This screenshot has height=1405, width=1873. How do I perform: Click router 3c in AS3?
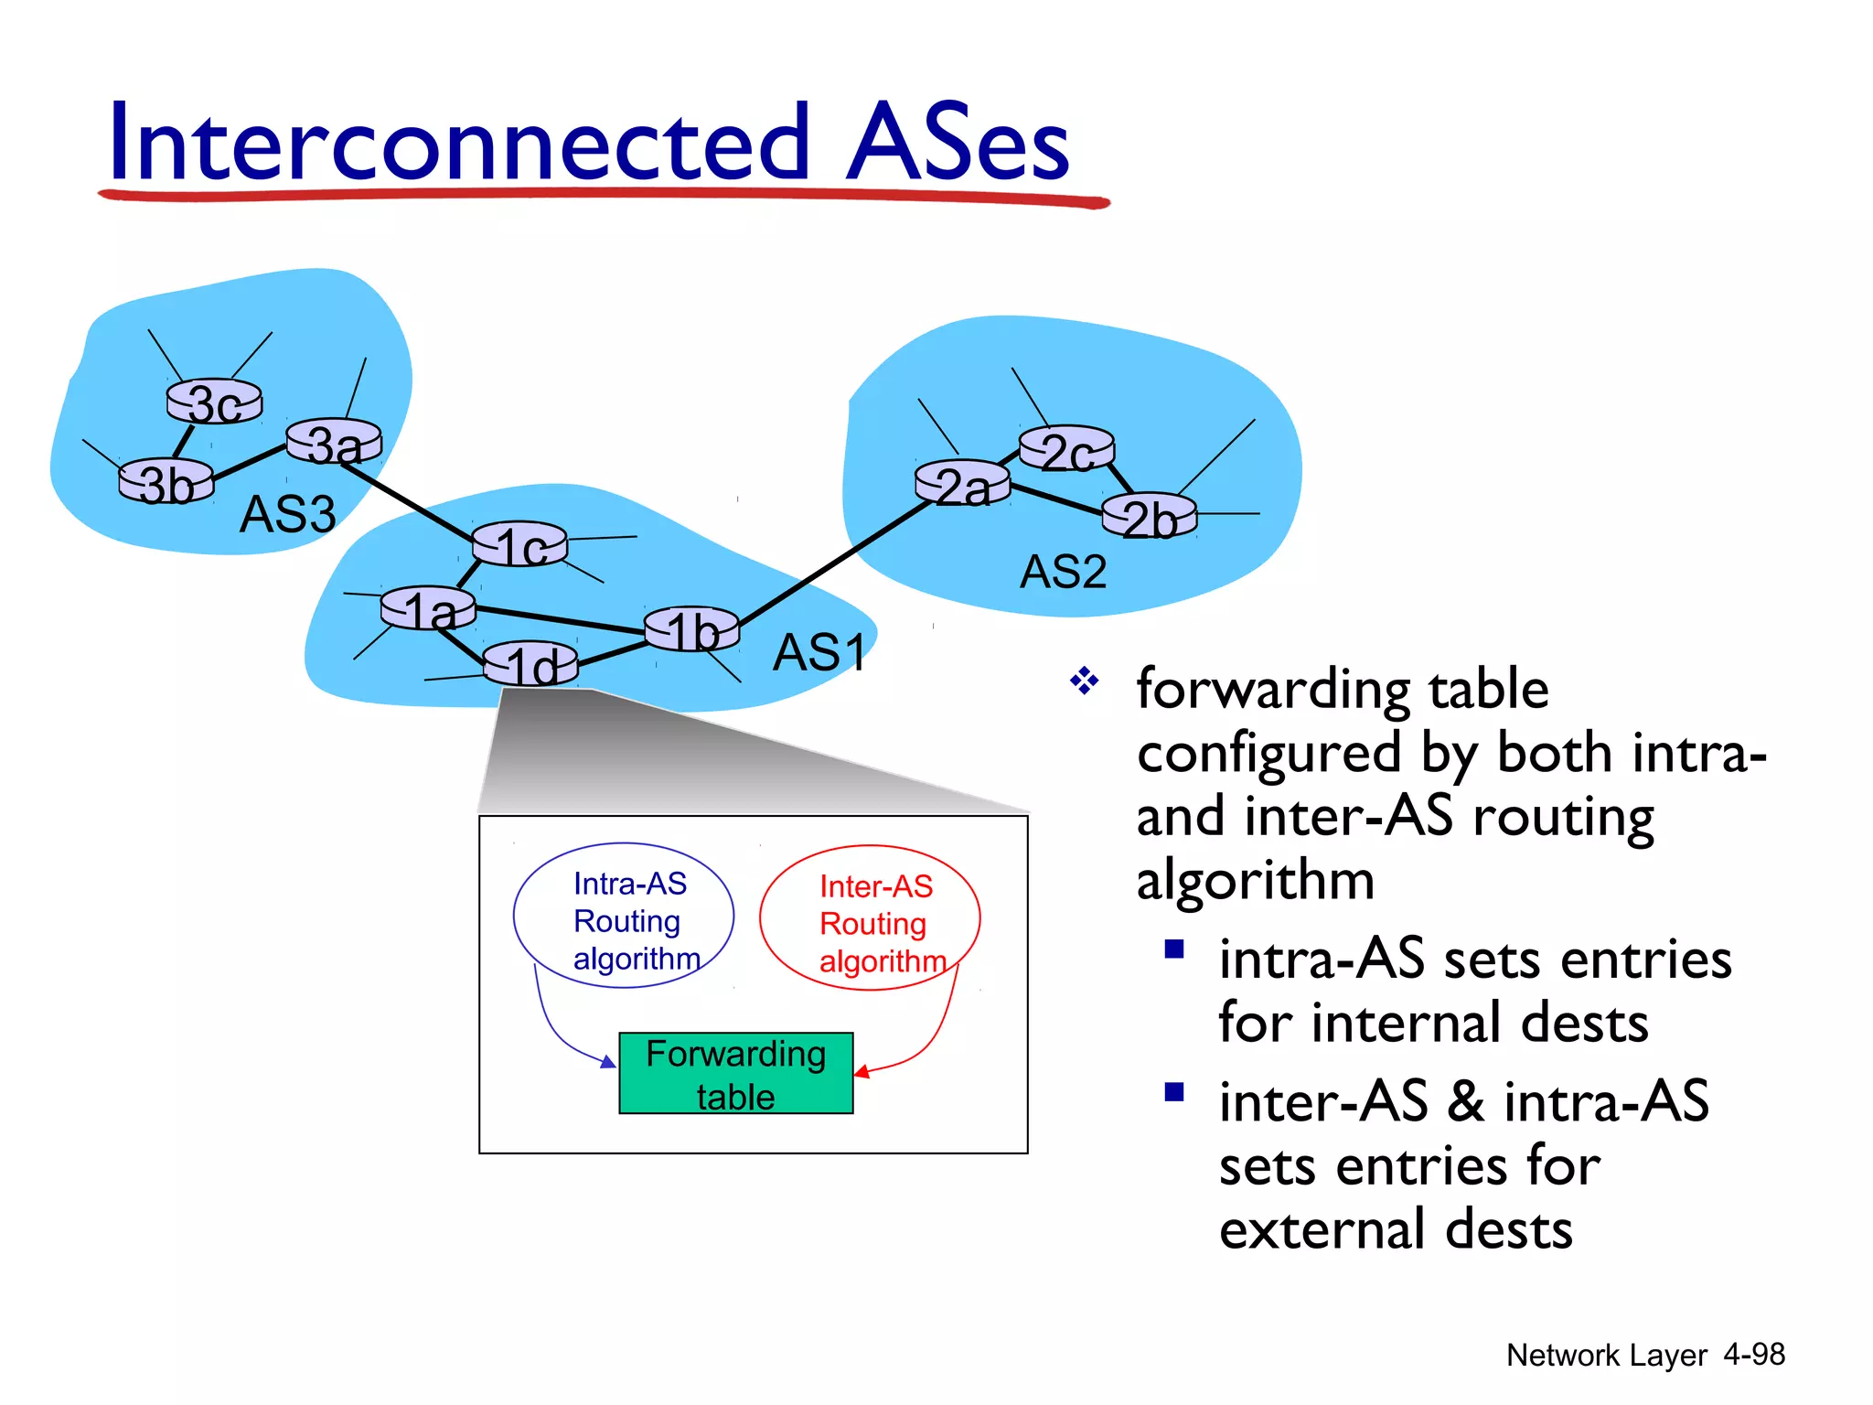[x=214, y=402]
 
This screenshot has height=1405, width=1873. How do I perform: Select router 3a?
[x=334, y=443]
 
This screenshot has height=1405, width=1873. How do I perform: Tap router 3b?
[x=166, y=481]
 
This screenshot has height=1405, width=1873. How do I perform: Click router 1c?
[x=519, y=545]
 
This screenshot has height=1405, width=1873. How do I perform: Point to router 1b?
[x=691, y=629]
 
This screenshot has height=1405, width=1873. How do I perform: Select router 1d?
[x=530, y=664]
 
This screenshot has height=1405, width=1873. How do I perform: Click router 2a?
[x=962, y=484]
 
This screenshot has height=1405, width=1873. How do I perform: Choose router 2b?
[x=1149, y=517]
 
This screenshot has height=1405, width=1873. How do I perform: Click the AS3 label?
[x=287, y=514]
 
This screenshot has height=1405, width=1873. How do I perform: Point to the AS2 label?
[x=1063, y=573]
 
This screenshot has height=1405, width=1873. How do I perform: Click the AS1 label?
[x=819, y=653]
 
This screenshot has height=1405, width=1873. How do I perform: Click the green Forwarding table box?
[x=736, y=1074]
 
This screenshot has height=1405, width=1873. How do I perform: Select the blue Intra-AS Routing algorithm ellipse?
[x=624, y=916]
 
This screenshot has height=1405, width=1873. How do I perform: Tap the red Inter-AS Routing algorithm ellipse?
[x=870, y=918]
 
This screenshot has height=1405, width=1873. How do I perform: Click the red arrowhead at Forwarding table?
[x=862, y=1071]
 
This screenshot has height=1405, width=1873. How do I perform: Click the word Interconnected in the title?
[x=457, y=143]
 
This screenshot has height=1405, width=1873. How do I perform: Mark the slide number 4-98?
[x=1753, y=1355]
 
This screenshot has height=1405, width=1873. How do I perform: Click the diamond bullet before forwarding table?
[x=1084, y=681]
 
